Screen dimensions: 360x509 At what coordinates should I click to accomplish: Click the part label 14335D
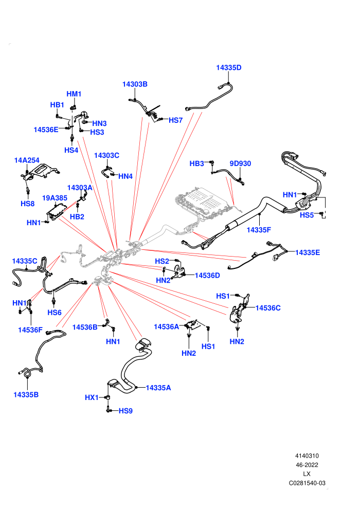(x=229, y=67)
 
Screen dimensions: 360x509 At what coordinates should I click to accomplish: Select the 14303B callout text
(x=135, y=84)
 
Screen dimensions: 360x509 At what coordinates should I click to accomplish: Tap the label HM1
(x=74, y=94)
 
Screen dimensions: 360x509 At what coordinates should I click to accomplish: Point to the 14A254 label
(x=27, y=160)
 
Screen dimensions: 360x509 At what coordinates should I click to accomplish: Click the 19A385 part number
(x=55, y=198)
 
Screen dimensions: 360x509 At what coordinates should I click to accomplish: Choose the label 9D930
(x=240, y=163)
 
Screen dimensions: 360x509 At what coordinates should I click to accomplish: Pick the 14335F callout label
(x=259, y=230)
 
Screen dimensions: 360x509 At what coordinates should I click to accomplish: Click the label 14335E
(x=308, y=252)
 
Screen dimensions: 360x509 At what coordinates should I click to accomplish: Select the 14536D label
(x=207, y=275)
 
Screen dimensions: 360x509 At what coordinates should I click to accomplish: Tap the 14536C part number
(x=268, y=308)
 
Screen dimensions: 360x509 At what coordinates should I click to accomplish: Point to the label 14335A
(x=158, y=388)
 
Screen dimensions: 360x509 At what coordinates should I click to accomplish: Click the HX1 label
(x=92, y=397)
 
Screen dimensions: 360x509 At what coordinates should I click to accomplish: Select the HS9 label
(x=125, y=411)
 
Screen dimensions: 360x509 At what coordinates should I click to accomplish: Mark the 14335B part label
(x=26, y=394)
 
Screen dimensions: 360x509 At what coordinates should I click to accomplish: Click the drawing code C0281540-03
(x=307, y=483)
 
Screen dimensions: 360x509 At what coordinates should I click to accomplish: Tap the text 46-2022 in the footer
(x=307, y=465)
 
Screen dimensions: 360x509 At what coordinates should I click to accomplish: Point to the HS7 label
(x=175, y=120)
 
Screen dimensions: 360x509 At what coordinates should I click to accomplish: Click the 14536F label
(x=30, y=330)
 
